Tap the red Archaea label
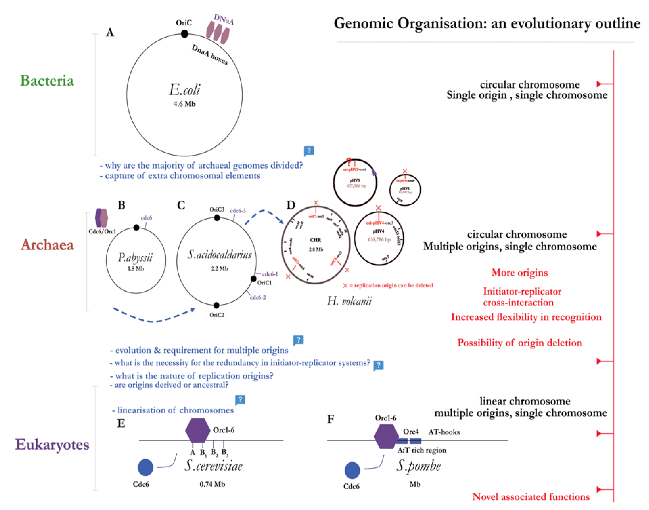[47, 245]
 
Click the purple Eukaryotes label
[52, 444]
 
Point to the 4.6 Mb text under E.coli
[184, 104]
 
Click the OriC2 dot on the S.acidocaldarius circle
[216, 305]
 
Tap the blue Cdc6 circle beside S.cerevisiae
[145, 467]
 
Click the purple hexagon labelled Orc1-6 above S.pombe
[386, 436]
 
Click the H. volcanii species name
[349, 301]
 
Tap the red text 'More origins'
[519, 272]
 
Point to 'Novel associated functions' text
[531, 497]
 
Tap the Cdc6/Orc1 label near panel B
[102, 231]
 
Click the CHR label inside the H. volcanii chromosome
[315, 240]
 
